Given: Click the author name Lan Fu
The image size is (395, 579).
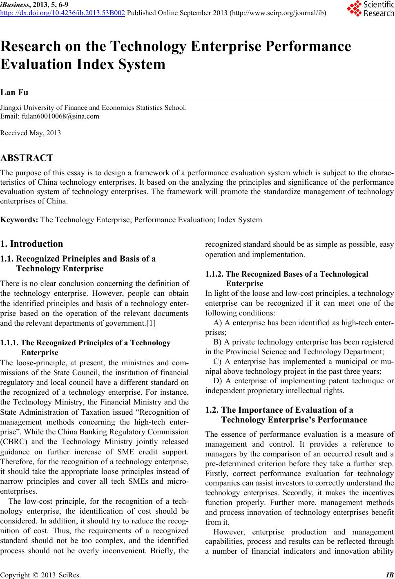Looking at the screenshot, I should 14,92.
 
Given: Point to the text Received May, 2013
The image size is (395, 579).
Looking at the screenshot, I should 31,133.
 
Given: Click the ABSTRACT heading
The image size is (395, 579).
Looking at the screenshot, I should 27,158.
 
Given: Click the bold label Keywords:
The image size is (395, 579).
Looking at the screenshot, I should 20,220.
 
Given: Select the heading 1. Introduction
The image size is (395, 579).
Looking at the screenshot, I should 32,244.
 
